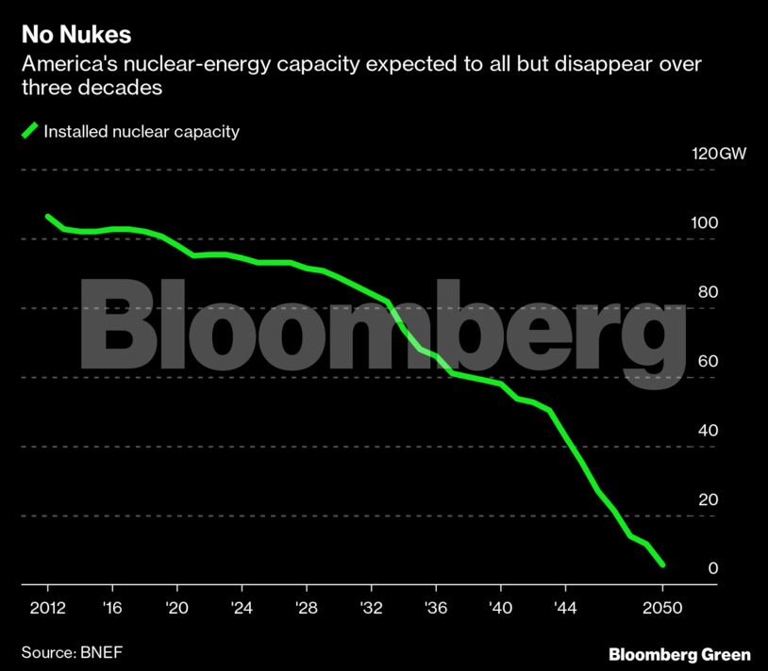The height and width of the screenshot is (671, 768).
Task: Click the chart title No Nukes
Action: point(76,37)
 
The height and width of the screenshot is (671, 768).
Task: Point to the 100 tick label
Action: point(708,223)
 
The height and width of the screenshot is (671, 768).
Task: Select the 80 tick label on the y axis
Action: point(708,292)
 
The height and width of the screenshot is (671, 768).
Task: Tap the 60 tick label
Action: point(708,362)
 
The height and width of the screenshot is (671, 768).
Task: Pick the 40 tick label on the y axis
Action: point(708,431)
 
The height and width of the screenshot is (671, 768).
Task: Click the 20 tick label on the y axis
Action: point(708,499)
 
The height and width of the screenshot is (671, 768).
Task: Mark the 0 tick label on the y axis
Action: point(713,568)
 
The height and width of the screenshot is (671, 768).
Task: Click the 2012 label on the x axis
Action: point(46,609)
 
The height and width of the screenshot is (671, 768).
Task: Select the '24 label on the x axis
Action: point(241,609)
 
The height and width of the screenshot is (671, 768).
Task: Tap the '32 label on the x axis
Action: point(371,609)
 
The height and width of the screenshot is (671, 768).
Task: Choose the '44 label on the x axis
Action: point(565,609)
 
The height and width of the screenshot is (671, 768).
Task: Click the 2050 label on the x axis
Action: point(662,609)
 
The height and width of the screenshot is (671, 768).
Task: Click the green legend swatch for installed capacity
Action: point(30,131)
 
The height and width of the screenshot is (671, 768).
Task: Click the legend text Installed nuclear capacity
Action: point(142,131)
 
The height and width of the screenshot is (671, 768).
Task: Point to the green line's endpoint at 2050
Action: point(662,565)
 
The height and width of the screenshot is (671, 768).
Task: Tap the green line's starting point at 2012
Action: point(47,217)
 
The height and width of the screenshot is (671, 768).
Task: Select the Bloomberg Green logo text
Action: point(679,653)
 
